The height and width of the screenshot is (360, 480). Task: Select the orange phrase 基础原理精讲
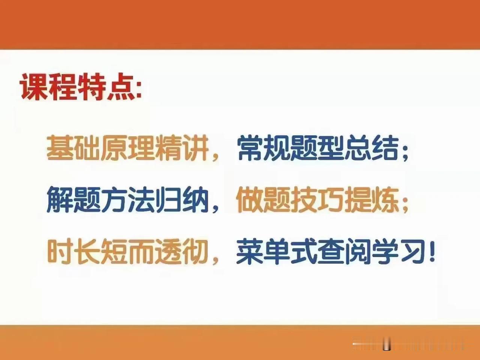(x=128, y=148)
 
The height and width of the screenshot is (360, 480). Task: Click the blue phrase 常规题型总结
(x=318, y=148)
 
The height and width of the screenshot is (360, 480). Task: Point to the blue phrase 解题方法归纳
(x=128, y=199)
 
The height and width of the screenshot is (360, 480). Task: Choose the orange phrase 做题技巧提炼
(x=317, y=199)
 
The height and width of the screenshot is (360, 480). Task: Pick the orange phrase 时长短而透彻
(x=128, y=251)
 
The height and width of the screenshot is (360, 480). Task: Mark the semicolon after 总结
(x=405, y=152)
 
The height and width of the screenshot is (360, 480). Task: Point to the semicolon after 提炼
(x=405, y=204)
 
